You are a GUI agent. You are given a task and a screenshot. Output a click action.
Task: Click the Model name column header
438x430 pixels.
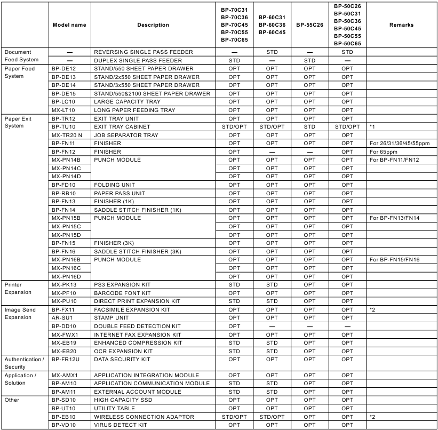click(70, 25)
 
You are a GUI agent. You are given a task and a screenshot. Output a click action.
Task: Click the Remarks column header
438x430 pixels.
click(402, 25)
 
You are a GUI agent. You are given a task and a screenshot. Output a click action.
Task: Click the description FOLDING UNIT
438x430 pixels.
click(114, 185)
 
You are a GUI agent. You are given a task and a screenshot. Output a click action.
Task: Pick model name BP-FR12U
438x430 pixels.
click(65, 360)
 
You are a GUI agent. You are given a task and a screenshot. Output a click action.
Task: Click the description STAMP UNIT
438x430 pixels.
click(112, 317)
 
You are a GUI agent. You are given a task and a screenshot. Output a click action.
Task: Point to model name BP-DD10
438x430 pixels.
click(64, 326)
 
